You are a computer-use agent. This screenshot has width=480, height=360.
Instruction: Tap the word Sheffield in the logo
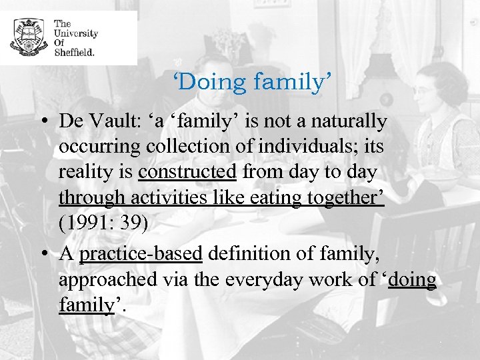(74, 51)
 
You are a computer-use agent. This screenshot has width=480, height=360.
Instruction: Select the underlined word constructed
(187, 172)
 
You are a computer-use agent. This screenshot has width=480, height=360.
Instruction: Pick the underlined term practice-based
(141, 254)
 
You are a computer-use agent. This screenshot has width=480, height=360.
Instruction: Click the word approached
(107, 279)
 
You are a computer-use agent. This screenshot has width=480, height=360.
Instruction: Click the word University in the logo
(75, 33)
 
